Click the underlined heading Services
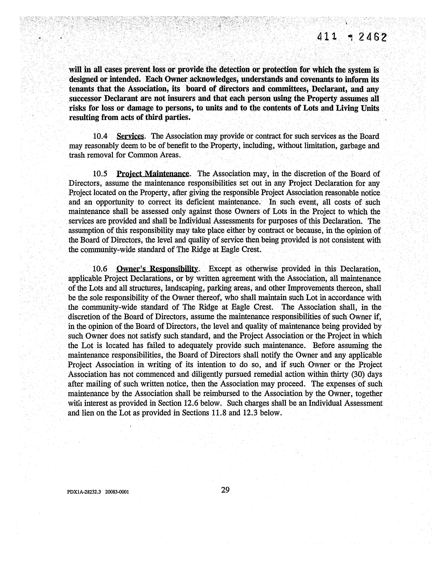pos(130,136)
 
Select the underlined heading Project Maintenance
pos(153,174)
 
